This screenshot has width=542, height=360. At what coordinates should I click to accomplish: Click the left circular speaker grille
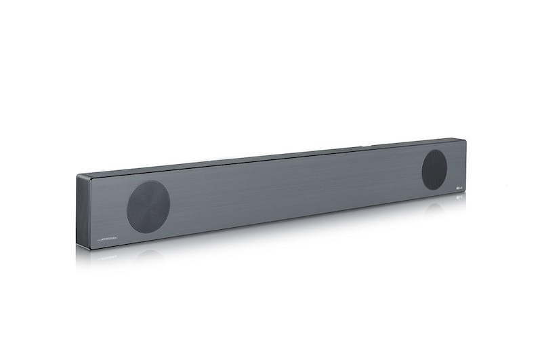148,207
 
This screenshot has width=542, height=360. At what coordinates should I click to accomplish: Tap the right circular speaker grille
434,169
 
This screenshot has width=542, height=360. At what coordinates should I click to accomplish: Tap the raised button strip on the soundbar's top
366,144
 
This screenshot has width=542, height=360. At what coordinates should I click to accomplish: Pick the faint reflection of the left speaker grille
149,255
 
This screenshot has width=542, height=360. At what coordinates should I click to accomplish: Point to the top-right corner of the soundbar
465,140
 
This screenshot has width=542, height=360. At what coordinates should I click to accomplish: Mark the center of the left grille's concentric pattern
148,207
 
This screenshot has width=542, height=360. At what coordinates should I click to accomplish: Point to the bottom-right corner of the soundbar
465,193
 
